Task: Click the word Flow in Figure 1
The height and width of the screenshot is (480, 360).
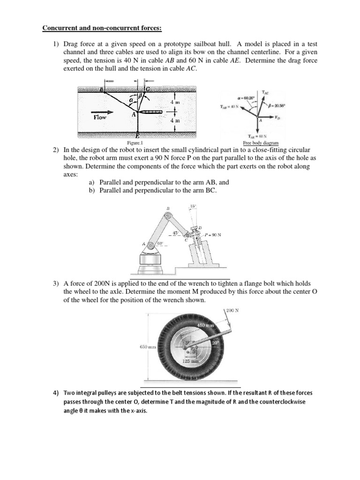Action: [100, 117]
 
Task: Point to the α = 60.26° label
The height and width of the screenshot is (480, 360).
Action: [247, 98]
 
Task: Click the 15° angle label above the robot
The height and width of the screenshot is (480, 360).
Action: [193, 206]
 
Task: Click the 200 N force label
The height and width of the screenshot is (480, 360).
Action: [233, 311]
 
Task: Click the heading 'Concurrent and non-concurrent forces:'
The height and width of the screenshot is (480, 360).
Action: [102, 28]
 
